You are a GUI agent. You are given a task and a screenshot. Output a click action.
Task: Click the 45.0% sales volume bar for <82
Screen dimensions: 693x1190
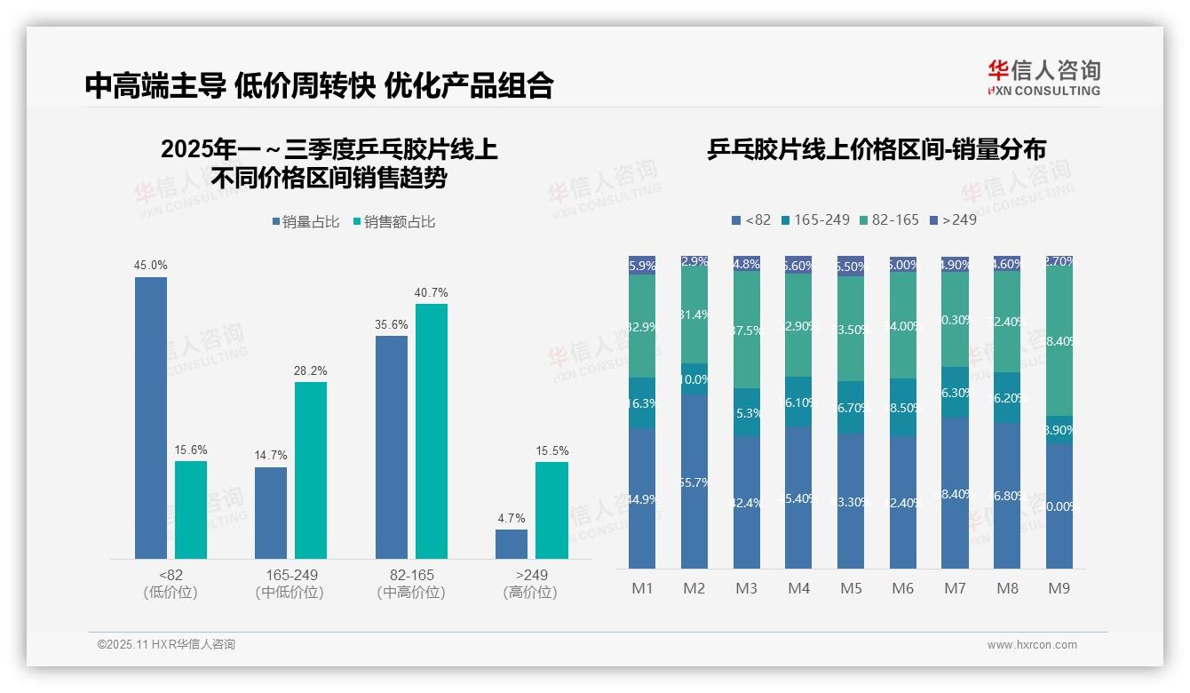[151, 418]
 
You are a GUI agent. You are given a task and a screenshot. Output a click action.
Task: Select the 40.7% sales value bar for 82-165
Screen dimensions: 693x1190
[432, 431]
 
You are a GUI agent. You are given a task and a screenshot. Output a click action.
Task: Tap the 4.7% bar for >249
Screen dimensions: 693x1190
[512, 544]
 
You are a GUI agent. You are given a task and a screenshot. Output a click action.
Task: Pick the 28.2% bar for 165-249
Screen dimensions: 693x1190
[311, 470]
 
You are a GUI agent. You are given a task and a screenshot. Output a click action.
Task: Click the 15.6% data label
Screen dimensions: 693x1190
[191, 450]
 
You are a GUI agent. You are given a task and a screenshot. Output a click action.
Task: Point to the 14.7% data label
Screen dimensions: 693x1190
[271, 456]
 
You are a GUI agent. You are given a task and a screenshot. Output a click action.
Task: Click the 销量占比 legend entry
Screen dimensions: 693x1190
[305, 222]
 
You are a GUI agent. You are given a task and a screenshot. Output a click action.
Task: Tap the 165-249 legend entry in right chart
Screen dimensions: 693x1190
[814, 219]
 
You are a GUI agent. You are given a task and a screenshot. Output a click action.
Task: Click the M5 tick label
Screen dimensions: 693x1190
[851, 588]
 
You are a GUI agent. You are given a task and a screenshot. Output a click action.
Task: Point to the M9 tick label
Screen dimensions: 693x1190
[1059, 588]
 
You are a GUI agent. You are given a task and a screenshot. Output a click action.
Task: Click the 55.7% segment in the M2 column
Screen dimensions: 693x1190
[694, 482]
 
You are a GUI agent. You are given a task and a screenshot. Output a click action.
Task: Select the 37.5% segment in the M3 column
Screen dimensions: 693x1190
[747, 330]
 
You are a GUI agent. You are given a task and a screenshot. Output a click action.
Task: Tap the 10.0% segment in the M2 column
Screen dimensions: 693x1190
[694, 379]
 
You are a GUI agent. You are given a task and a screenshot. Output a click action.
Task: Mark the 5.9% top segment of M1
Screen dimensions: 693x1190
[642, 265]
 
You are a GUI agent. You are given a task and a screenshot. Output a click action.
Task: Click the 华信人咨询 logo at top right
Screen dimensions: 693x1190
[1043, 77]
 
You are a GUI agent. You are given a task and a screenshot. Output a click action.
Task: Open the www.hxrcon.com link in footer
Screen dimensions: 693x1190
[1032, 645]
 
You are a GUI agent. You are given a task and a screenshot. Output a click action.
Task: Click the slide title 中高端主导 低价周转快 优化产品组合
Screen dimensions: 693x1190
[320, 85]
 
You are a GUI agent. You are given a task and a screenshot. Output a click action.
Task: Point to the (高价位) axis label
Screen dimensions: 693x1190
[530, 593]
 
